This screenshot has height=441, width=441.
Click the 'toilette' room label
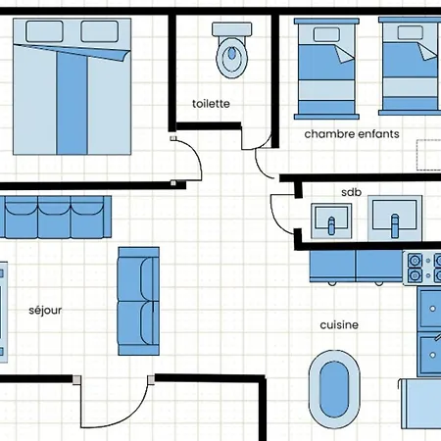coord(211,104)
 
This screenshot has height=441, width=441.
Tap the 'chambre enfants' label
coord(352,134)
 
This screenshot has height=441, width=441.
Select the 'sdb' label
coord(351,192)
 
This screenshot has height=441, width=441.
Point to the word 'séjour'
coord(45,310)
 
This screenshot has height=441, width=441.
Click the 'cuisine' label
coord(339,325)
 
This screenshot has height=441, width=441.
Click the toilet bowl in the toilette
coord(231,58)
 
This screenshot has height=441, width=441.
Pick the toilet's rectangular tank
coord(232,29)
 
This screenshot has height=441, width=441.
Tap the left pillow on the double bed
coord(44,31)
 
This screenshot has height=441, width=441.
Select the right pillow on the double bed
coord(100,31)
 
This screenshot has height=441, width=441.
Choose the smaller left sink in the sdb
coord(331,220)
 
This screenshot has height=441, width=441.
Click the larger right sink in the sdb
coord(395,219)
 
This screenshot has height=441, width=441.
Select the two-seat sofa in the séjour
coord(138,301)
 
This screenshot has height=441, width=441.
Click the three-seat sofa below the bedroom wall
coord(56,217)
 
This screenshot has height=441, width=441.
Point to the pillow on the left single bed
coord(326,34)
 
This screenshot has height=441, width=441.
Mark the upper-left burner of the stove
coord(415,261)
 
